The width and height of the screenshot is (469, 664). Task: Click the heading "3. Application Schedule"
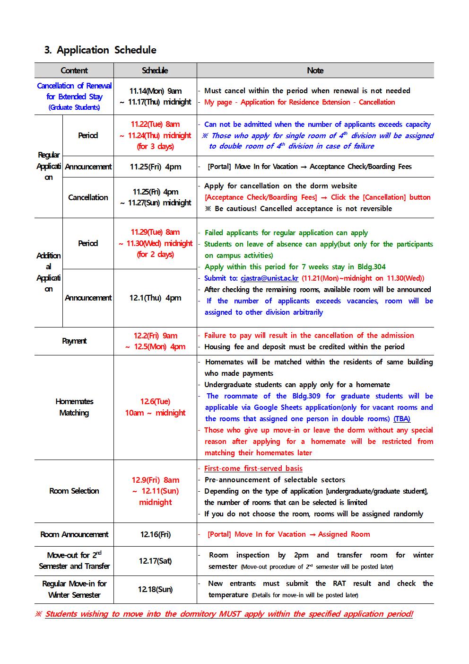click(100, 50)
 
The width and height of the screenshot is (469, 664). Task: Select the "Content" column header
click(74, 71)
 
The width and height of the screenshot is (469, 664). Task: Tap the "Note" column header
click(315, 71)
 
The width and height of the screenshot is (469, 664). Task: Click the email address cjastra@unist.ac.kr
click(269, 278)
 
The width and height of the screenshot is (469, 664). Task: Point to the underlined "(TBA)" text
click(402, 419)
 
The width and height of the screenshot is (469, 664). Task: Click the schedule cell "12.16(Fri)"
click(155, 534)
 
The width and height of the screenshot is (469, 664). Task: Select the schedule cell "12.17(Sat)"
click(155, 561)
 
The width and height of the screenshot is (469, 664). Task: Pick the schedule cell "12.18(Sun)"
click(155, 589)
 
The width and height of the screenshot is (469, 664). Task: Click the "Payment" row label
click(74, 341)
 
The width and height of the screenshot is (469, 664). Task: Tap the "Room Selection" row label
click(74, 491)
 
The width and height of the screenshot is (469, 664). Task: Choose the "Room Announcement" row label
click(74, 534)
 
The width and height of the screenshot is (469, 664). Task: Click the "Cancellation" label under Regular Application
click(88, 197)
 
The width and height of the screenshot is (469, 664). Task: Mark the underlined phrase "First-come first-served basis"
click(253, 469)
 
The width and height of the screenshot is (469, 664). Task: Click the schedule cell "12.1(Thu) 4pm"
click(155, 298)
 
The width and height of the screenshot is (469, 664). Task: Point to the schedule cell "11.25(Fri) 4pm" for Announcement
click(155, 167)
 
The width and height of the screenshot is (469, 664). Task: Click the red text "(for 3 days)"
click(155, 147)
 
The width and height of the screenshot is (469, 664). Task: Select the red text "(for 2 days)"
click(155, 255)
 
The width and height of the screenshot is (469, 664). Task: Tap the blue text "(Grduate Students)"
click(74, 107)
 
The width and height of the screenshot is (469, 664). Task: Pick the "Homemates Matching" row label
click(74, 407)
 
